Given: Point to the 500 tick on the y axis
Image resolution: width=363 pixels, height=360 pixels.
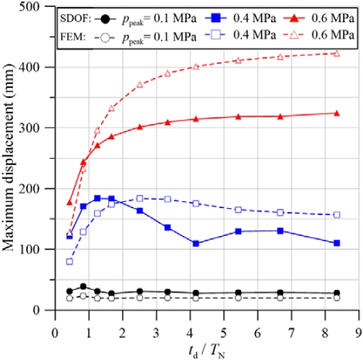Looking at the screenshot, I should coord(38,6).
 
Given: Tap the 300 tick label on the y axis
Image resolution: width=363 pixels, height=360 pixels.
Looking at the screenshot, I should coord(38,128).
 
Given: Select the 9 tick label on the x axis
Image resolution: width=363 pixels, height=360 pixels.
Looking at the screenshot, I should coord(358,323).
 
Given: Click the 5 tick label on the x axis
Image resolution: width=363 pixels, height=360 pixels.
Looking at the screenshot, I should coord(224,323).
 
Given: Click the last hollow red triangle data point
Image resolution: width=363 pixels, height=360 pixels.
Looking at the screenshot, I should coord(337,53).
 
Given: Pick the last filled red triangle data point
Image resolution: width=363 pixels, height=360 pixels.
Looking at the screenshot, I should coord(337,113).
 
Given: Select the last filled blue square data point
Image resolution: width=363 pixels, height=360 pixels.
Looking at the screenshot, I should coord(337,243).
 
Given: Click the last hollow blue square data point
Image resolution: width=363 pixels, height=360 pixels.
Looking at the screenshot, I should coord(337,215).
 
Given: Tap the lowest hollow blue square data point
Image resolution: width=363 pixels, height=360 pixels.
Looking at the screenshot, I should coord(69,262).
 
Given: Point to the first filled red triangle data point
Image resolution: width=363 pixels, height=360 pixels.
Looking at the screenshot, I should coord(69,202).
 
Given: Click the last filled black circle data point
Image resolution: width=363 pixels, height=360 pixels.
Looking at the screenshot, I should coord(337,293).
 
